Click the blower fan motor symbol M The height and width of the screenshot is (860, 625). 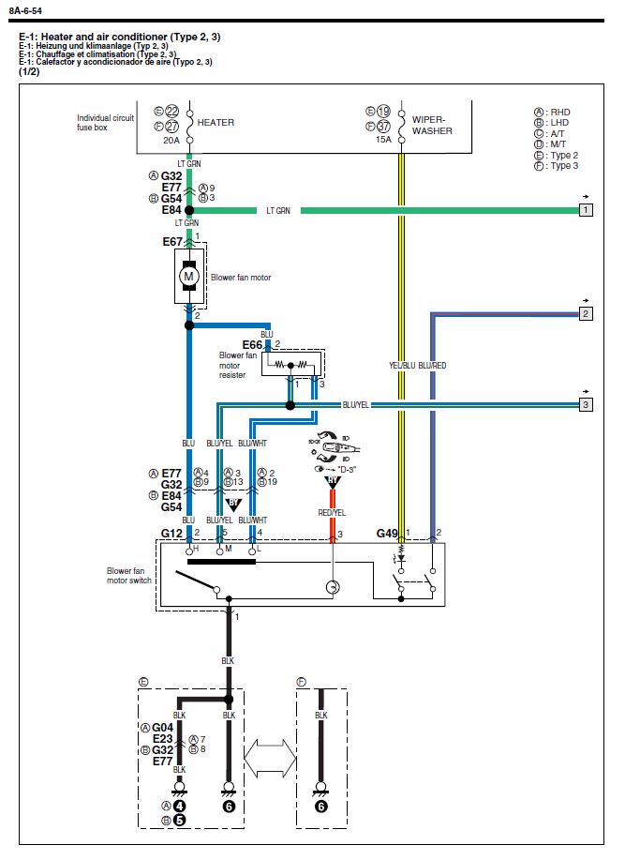pos(188,277)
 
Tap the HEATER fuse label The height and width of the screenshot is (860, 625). pos(216,123)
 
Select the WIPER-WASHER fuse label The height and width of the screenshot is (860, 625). pos(432,126)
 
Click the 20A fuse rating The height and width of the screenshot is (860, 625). pos(171,140)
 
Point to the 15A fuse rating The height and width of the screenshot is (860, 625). pos(383,140)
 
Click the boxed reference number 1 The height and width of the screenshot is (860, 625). pos(586,210)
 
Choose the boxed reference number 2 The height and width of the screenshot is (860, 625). pos(586,313)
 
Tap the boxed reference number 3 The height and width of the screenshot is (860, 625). pos(586,405)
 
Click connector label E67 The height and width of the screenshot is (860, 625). pos(172,242)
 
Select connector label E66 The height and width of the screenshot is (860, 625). pos(253,344)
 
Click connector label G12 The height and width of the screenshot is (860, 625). pos(171,533)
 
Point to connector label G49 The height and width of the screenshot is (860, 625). pos(388,533)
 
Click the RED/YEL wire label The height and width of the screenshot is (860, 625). pos(332,514)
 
